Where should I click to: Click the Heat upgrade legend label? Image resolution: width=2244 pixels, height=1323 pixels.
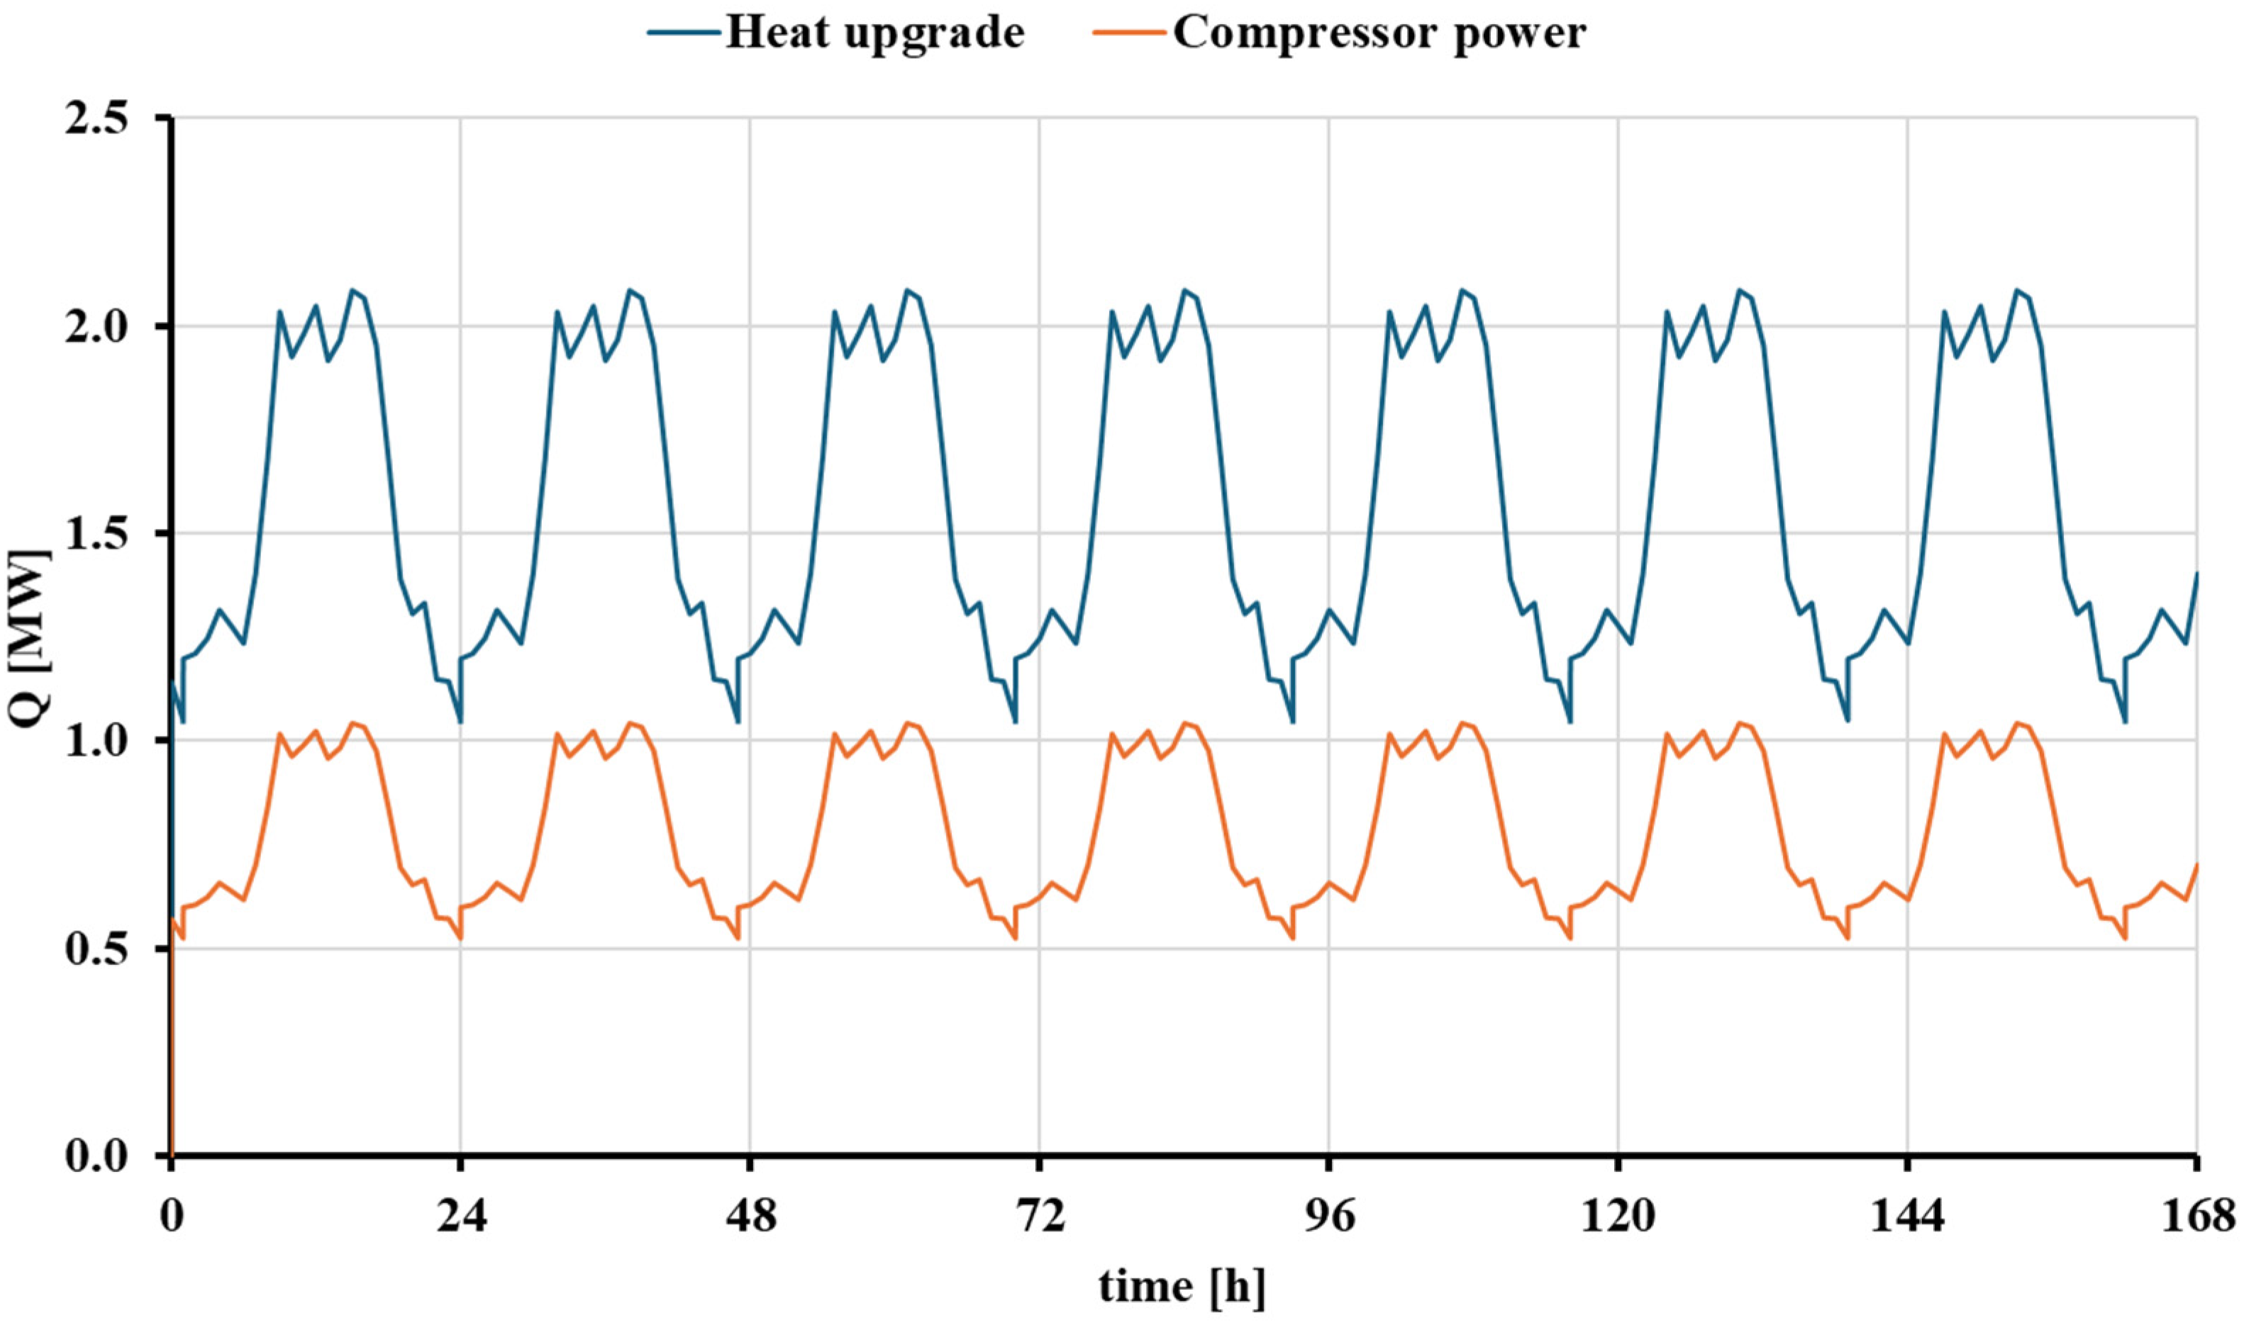(x=874, y=34)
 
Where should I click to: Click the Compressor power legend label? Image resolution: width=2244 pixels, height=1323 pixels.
(x=1379, y=34)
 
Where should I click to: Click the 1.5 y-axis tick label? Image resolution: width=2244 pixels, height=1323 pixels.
(x=96, y=533)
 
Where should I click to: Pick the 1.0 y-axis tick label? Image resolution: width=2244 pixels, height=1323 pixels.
(x=96, y=741)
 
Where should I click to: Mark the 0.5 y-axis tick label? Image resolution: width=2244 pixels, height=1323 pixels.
(x=96, y=949)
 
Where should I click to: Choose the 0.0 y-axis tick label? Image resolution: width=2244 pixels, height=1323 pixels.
(x=96, y=1156)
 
